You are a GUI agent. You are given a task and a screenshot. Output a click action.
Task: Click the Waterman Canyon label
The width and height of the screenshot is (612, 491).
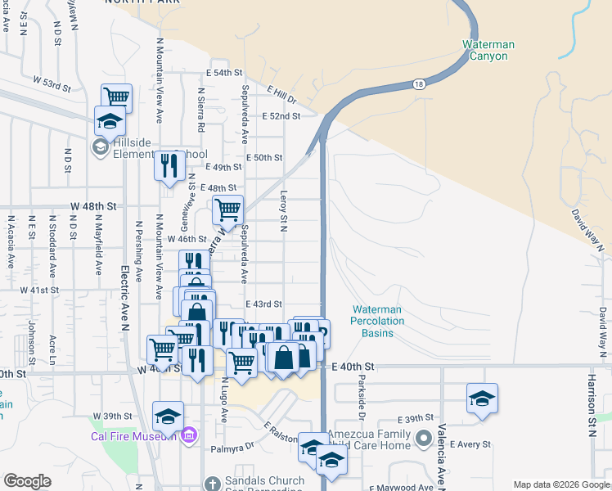click(484, 49)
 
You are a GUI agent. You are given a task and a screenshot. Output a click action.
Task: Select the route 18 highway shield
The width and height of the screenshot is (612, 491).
click(418, 83)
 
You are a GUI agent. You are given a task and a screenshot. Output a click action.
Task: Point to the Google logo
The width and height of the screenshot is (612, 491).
click(27, 481)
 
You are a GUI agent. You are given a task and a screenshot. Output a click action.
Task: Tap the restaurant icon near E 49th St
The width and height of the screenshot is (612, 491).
click(169, 166)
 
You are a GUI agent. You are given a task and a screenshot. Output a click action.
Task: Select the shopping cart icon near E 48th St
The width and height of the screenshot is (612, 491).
click(227, 209)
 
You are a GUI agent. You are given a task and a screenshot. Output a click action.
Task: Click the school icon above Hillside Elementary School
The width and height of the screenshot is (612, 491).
click(109, 121)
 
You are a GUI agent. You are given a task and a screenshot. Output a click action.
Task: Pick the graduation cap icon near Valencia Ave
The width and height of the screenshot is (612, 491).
click(482, 399)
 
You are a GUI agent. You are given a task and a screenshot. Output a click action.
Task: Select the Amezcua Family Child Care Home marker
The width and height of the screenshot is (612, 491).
click(423, 439)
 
